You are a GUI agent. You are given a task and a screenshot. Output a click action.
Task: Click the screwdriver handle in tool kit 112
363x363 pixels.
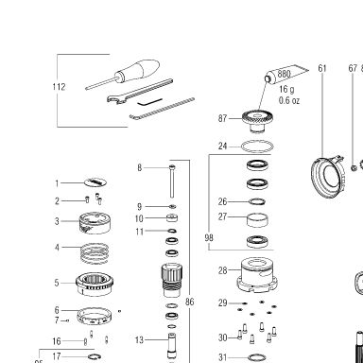pyautogui.click(x=139, y=70)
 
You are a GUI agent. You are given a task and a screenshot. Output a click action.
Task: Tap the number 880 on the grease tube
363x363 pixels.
pyautogui.click(x=284, y=74)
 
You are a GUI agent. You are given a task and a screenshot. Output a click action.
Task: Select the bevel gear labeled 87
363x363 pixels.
pyautogui.click(x=257, y=121)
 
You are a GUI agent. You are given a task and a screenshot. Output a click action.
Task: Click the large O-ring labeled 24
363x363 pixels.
pyautogui.click(x=257, y=147)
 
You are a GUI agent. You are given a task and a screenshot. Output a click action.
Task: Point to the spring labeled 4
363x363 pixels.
pyautogui.click(x=95, y=253)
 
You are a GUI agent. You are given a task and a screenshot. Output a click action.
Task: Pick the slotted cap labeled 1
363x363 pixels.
pyautogui.click(x=95, y=182)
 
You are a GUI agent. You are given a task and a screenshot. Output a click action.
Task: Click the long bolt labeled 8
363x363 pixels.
pyautogui.click(x=172, y=181)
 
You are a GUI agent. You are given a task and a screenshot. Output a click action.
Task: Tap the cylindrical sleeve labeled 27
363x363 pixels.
pyautogui.click(x=257, y=220)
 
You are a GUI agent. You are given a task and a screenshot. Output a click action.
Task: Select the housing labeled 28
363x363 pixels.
pyautogui.click(x=257, y=275)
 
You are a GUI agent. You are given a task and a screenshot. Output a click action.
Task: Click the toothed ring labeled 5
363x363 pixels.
pyautogui.click(x=95, y=284)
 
